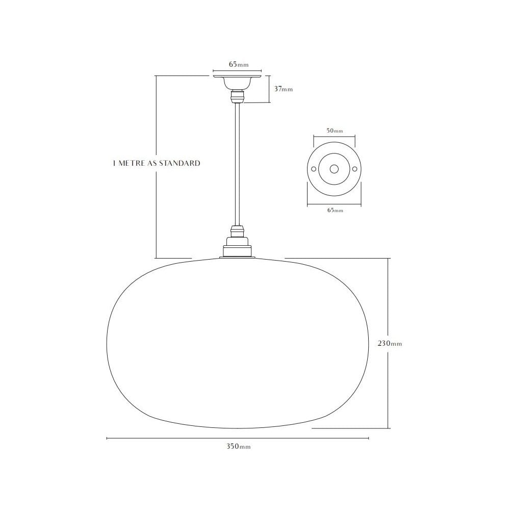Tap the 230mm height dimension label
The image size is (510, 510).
coord(390,343)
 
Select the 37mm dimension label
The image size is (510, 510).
coord(284,89)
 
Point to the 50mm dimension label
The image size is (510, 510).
coord(335,131)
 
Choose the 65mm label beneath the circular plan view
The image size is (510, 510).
coord(335,210)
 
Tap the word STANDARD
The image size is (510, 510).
coord(180,164)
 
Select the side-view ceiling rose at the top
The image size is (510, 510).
coord(237,81)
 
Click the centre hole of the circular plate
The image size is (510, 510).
coord(335,169)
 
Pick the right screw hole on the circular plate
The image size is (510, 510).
coord(355,169)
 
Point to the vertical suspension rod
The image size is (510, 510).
coord(237,163)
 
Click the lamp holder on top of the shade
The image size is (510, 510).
coord(237,245)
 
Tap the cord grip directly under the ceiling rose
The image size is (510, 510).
coord(237,96)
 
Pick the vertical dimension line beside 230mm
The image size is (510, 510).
coord(389,306)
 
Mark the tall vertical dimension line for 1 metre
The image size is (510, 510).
coord(156,214)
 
